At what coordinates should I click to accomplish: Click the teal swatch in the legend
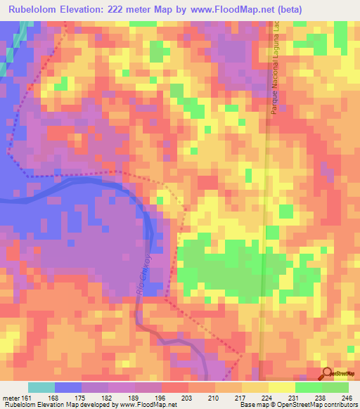coord(41,387)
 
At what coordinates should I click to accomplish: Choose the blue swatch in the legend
coord(68,387)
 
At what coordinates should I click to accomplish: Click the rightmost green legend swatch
coord(335,387)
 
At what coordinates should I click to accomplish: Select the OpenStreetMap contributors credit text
coord(309,405)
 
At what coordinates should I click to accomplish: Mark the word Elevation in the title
coord(86,9)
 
